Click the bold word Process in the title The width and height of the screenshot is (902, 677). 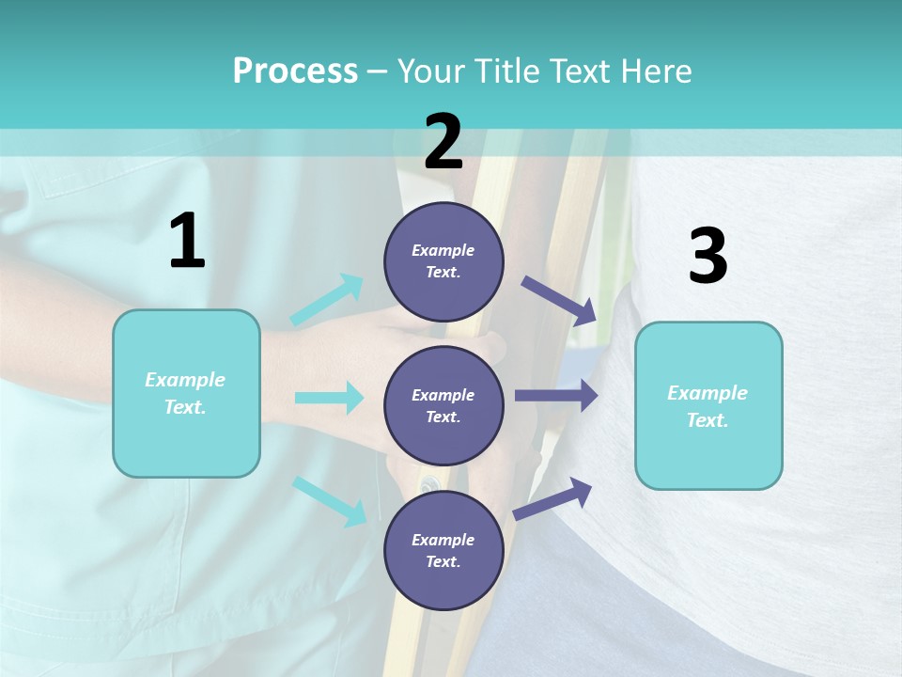(295, 71)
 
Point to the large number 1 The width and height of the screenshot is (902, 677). (187, 242)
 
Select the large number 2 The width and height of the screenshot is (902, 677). (443, 143)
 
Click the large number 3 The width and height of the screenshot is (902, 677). (708, 257)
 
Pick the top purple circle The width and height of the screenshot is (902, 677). (443, 261)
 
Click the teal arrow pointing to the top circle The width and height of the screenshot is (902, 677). (327, 300)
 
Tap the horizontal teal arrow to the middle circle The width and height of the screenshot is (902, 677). (329, 398)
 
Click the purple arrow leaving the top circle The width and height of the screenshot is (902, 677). (559, 300)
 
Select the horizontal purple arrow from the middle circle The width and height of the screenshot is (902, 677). (556, 396)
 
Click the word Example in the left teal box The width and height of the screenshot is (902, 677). (185, 380)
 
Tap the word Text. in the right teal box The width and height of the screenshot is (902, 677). (708, 420)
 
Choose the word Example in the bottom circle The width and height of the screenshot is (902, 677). (443, 540)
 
